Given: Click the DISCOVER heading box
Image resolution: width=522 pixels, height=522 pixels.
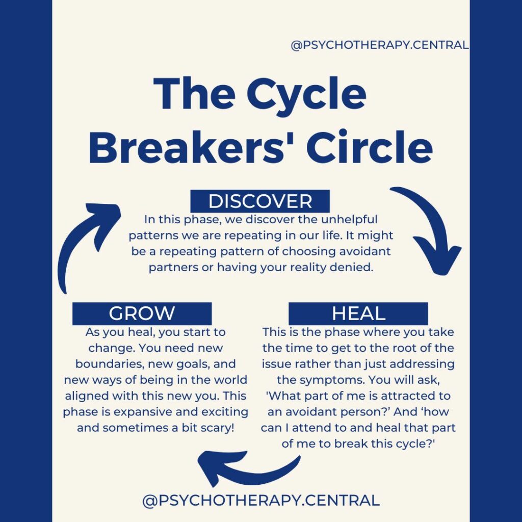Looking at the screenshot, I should [260, 201].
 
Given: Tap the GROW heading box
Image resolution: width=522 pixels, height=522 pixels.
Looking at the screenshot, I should [142, 314].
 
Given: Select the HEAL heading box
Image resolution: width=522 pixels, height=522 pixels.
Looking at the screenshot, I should [358, 314].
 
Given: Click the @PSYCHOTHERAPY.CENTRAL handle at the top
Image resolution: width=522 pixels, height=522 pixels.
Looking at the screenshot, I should [379, 45].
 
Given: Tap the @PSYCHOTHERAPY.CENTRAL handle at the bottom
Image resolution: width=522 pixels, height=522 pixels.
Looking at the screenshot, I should [261, 500].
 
